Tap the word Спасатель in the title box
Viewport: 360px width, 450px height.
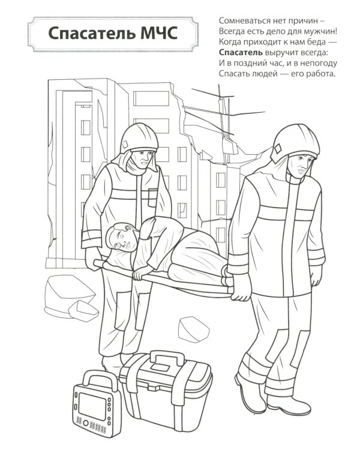92,33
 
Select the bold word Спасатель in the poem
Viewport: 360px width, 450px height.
241,53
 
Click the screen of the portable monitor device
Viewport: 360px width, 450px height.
92,406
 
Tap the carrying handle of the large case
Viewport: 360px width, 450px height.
167,358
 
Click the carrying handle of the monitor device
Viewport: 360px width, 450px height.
100,377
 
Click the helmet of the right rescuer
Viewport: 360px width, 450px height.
295,143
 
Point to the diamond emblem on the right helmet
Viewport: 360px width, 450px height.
277,149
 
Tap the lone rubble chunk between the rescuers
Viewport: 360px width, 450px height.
193,329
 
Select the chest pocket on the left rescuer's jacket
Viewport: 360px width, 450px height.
154,197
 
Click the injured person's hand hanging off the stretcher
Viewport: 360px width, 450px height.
142,272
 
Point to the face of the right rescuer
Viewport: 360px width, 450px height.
300,168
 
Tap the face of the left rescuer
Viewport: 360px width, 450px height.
143,160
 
